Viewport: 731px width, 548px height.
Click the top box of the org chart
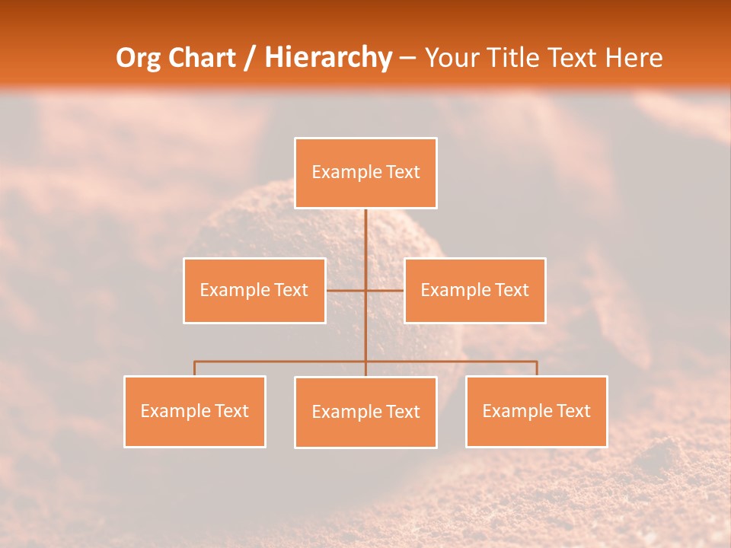pyautogui.click(x=365, y=173)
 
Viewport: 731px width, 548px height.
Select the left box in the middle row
pyautogui.click(x=254, y=290)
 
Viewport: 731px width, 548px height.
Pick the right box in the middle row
pyautogui.click(x=474, y=290)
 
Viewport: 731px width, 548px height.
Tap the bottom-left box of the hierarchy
pyautogui.click(x=195, y=411)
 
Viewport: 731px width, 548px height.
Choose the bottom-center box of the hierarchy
pyautogui.click(x=365, y=412)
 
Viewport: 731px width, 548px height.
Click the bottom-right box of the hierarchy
pyautogui.click(x=536, y=411)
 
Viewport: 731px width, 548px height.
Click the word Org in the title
pyautogui.click(x=138, y=58)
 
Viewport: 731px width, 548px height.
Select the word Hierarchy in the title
pyautogui.click(x=327, y=58)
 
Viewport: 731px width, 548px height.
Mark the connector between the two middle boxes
pyautogui.click(x=365, y=290)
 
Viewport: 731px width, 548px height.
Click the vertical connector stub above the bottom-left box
pyautogui.click(x=195, y=368)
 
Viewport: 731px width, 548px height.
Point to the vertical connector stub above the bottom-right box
pyautogui.click(x=536, y=368)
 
